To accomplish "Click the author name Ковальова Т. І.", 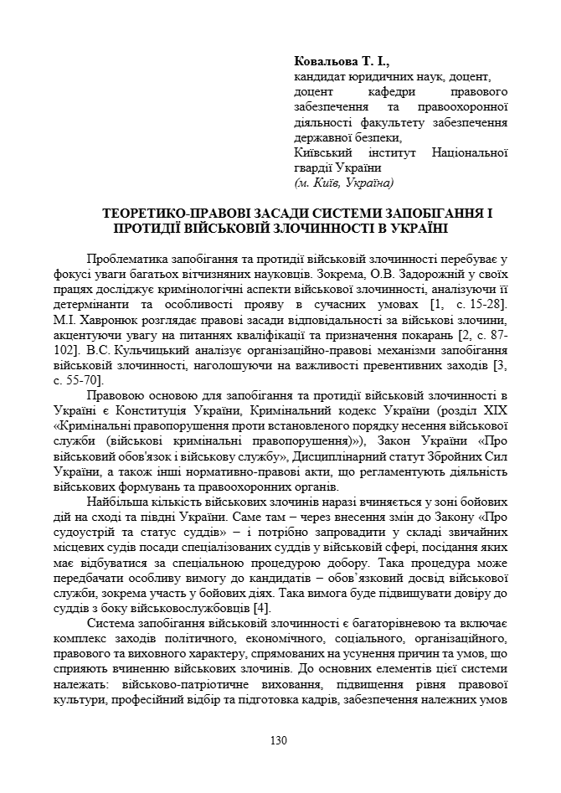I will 342,61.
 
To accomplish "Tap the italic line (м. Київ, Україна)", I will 343,182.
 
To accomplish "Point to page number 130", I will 280,740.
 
